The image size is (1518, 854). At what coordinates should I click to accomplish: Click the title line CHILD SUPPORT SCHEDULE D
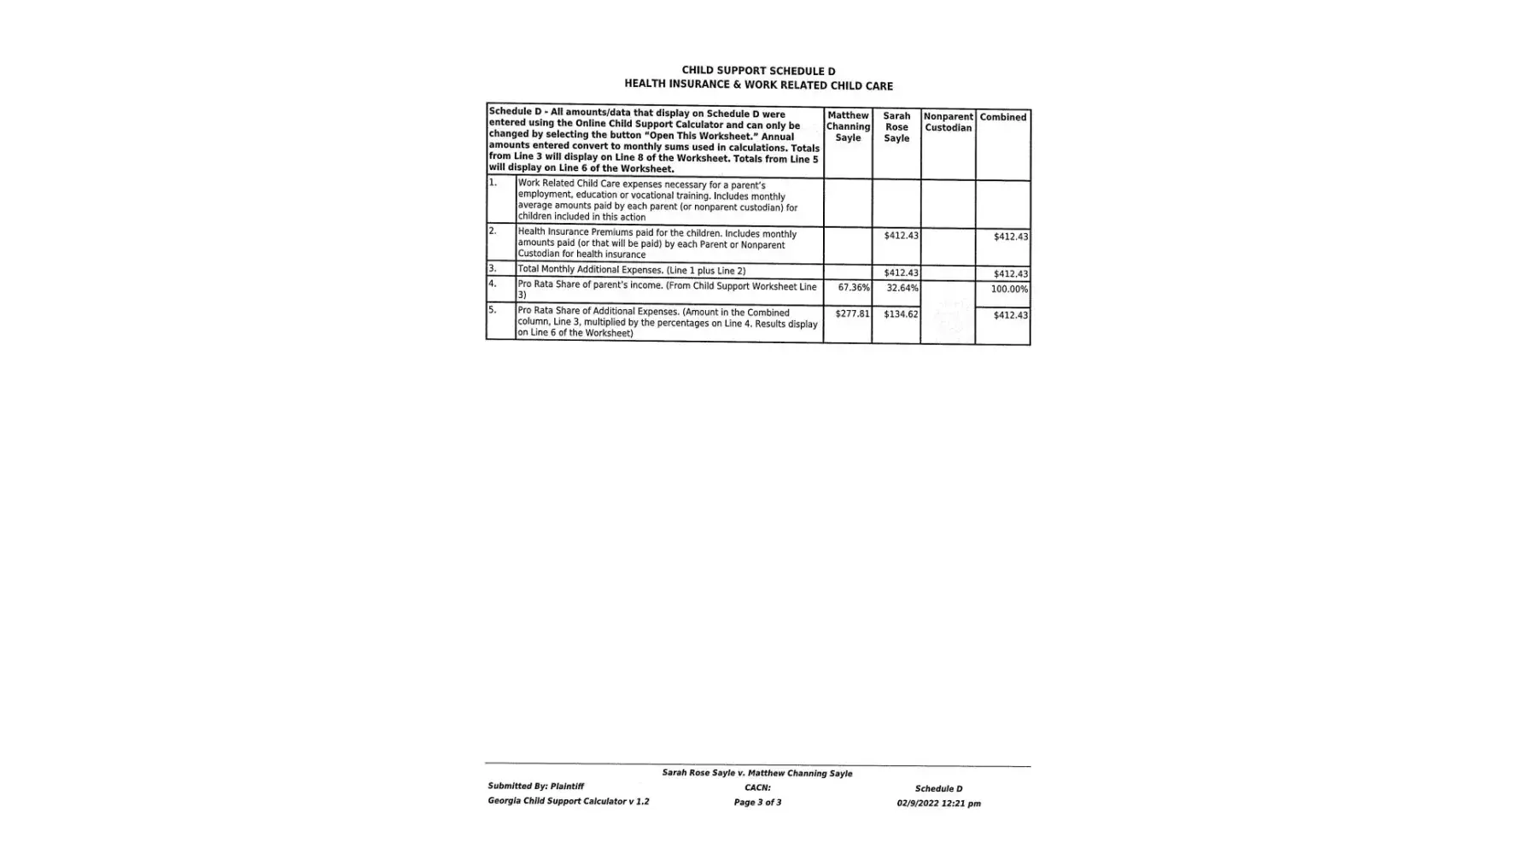coord(758,71)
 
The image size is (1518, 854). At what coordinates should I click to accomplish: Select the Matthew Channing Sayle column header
coord(848,126)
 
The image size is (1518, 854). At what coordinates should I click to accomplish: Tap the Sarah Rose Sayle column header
coord(896,127)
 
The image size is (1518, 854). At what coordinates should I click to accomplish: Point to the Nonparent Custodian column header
coord(948,122)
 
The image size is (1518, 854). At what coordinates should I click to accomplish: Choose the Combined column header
coord(1002,117)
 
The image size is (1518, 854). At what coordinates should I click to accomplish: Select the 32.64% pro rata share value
coord(902,288)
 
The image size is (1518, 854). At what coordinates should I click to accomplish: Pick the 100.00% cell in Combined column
coord(1009,289)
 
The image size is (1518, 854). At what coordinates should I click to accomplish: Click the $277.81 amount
coord(852,313)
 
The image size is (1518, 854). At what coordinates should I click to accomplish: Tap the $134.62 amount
coord(901,313)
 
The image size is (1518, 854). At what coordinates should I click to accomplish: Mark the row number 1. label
coord(493,182)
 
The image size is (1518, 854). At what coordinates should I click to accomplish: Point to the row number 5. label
coord(493,310)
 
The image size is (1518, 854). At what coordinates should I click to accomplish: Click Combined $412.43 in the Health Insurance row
coord(1010,237)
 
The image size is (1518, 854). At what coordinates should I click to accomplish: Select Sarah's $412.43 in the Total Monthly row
coord(901,272)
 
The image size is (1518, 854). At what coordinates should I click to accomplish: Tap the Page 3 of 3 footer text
coord(757,802)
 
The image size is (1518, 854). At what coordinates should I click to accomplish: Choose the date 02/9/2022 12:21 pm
coord(938,803)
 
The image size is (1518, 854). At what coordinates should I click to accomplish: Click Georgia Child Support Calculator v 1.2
coord(568,801)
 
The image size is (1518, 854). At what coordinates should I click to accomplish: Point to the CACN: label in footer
coord(757,787)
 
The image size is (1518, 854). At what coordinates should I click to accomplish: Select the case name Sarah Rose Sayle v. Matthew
coord(756,773)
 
